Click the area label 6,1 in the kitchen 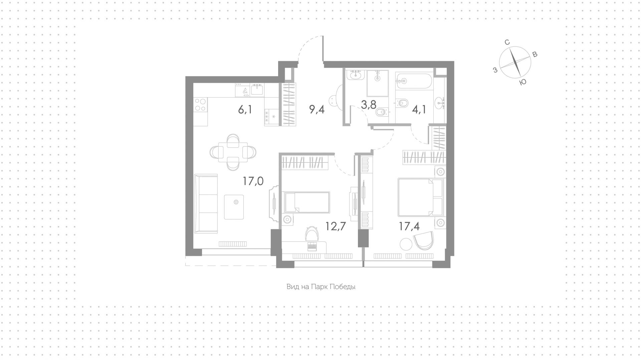pos(245,109)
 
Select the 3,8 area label pos(368,105)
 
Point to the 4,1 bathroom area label pos(419,109)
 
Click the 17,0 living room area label pos(253,181)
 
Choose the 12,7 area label pos(336,226)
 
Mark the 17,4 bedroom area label pos(409,226)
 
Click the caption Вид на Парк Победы pos(321,287)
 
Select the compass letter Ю pos(523,82)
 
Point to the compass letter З pos(495,70)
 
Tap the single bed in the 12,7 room pos(307,202)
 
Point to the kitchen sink pos(257,89)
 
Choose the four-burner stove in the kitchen pos(200,104)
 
